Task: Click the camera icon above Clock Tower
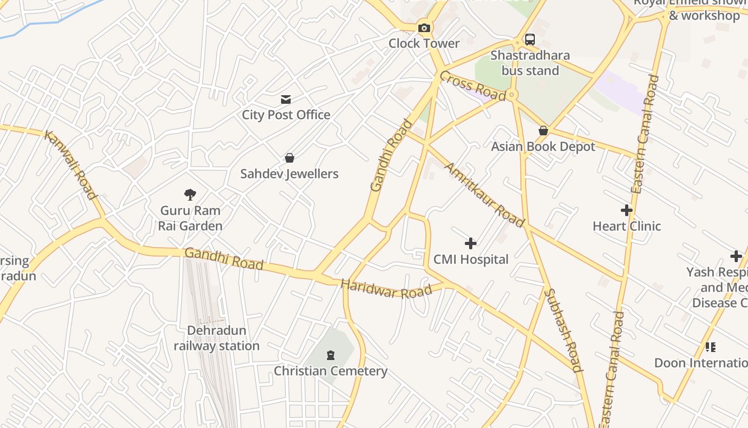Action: coord(424,28)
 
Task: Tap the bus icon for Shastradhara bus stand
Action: coord(529,40)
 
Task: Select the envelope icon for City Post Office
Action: coord(286,99)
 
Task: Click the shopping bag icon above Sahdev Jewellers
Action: coord(289,158)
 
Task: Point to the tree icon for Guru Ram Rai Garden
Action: coord(190,195)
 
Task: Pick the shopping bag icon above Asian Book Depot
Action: coord(543,131)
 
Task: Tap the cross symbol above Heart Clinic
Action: coord(627,210)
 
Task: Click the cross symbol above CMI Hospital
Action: coord(470,244)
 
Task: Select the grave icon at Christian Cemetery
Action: coord(331,355)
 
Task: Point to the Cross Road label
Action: coord(472,86)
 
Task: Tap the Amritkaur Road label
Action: coord(484,195)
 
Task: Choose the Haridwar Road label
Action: coord(386,289)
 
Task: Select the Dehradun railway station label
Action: coord(216,338)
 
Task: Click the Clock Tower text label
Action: coord(424,43)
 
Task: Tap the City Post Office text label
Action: coord(286,114)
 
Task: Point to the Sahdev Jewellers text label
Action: coord(289,174)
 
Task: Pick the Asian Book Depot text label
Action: coord(543,147)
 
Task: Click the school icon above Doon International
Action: coord(710,347)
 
